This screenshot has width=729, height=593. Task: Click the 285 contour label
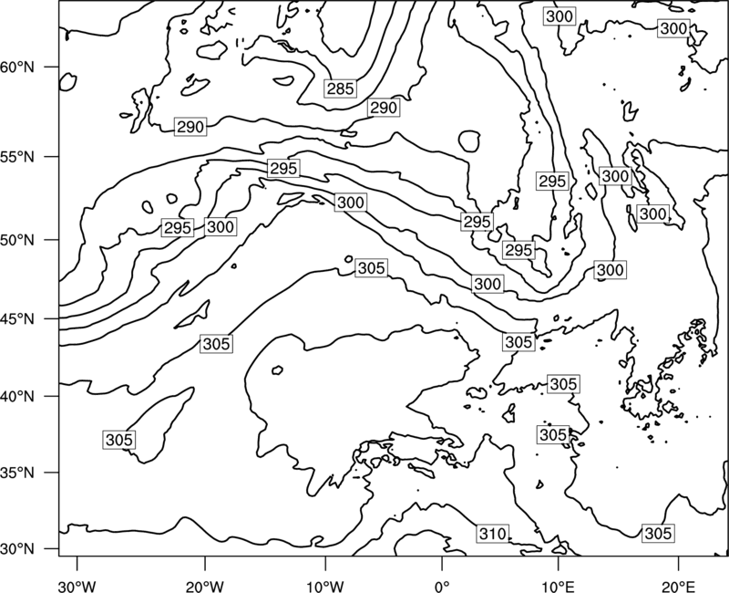coord(340,88)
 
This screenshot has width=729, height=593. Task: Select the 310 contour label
coord(492,534)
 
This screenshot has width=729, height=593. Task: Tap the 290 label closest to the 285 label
coord(384,108)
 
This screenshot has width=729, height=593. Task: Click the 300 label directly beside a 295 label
coord(221,226)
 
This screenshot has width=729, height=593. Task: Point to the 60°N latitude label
coord(17,67)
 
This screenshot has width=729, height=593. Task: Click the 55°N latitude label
coord(17,157)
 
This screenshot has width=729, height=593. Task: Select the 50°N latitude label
coord(17,240)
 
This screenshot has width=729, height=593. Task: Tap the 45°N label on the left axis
coord(17,319)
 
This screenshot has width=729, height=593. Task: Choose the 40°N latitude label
coord(17,397)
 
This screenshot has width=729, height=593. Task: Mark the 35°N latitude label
coord(17,473)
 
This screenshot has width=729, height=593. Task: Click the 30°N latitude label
coord(17,549)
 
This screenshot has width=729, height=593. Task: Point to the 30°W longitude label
coord(77,587)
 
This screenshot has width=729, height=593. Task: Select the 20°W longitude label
coord(204,587)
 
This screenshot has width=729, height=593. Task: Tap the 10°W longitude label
coord(324,587)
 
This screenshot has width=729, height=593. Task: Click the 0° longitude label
coord(442,587)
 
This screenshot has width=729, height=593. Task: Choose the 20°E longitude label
coord(678,587)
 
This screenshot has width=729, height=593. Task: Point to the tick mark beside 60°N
coord(52,67)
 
